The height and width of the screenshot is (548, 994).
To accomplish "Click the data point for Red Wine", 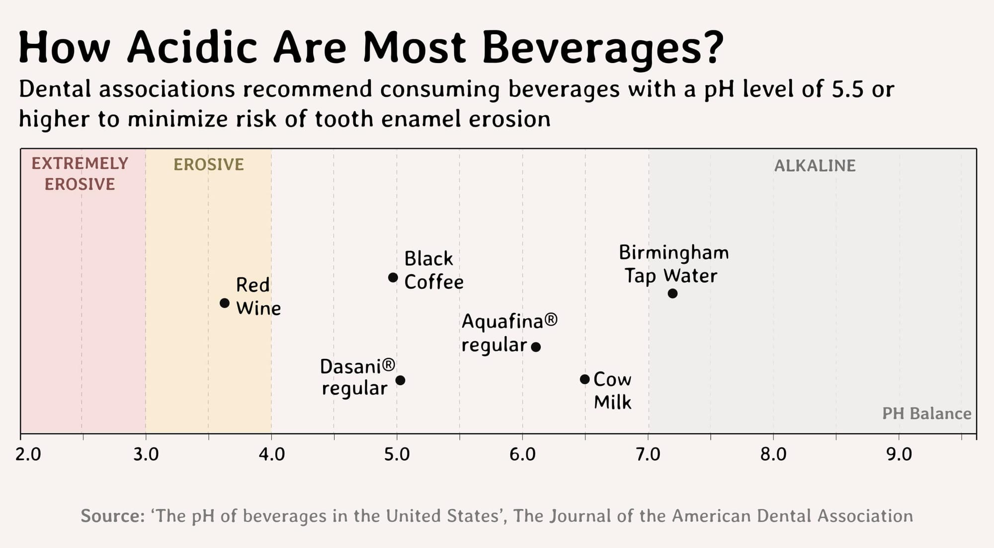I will [225, 303].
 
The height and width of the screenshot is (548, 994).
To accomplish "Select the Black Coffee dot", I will [393, 277].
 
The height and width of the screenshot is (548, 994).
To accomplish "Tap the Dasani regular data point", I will [400, 380].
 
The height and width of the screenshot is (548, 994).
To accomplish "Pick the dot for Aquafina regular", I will [536, 347].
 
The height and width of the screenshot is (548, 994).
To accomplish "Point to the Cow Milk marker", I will [585, 379].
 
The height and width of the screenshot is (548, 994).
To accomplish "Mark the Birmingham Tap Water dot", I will [672, 293].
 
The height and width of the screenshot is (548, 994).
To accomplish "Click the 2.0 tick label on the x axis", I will [28, 454].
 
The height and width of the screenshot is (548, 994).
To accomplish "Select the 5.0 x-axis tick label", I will [397, 454].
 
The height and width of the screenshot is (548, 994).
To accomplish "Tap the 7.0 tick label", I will [648, 454].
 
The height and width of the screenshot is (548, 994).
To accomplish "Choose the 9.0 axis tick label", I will [899, 454].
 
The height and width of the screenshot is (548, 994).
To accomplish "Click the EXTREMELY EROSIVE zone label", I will [80, 174].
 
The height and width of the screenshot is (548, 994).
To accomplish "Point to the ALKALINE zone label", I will [815, 166].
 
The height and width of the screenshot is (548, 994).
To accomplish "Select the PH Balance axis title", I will [926, 413].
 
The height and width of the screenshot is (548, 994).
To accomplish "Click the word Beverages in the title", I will [602, 48].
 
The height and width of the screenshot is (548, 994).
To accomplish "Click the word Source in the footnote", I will [112, 516].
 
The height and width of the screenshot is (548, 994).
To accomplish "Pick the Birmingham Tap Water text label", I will [673, 264].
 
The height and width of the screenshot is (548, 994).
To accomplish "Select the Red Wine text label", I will [258, 296].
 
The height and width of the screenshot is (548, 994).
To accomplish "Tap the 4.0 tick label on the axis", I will [271, 454].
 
